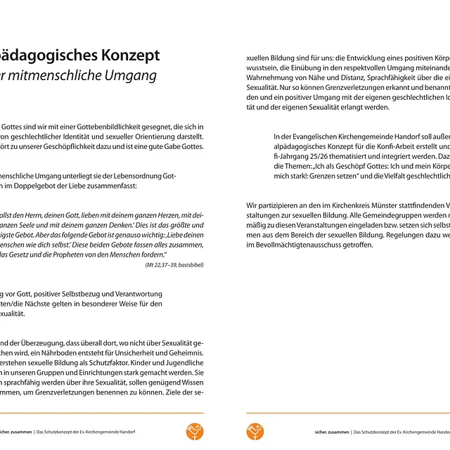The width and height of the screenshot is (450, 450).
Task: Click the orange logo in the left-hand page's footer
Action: (x=195, y=431)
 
